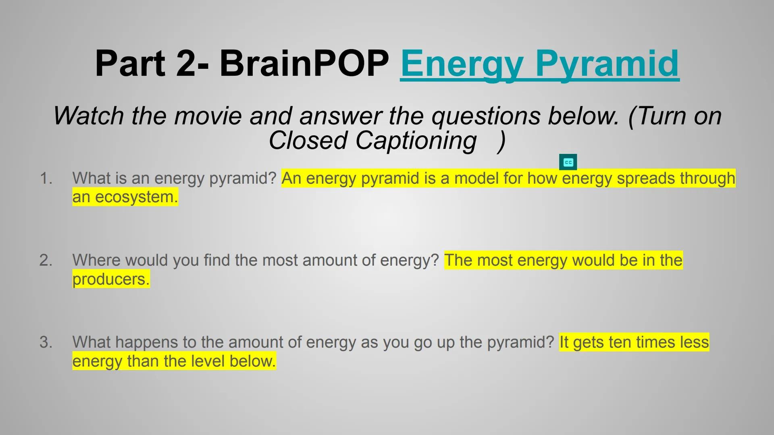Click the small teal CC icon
pyautogui.click(x=568, y=162)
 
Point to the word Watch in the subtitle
pyautogui.click(x=88, y=116)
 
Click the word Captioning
pyautogui.click(x=416, y=141)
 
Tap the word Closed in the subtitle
pyautogui.click(x=308, y=141)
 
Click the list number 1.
pyautogui.click(x=46, y=178)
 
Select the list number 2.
pyautogui.click(x=46, y=260)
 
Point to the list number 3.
pyautogui.click(x=46, y=342)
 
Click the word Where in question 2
pyautogui.click(x=96, y=260)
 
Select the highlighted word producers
pyautogui.click(x=110, y=279)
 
